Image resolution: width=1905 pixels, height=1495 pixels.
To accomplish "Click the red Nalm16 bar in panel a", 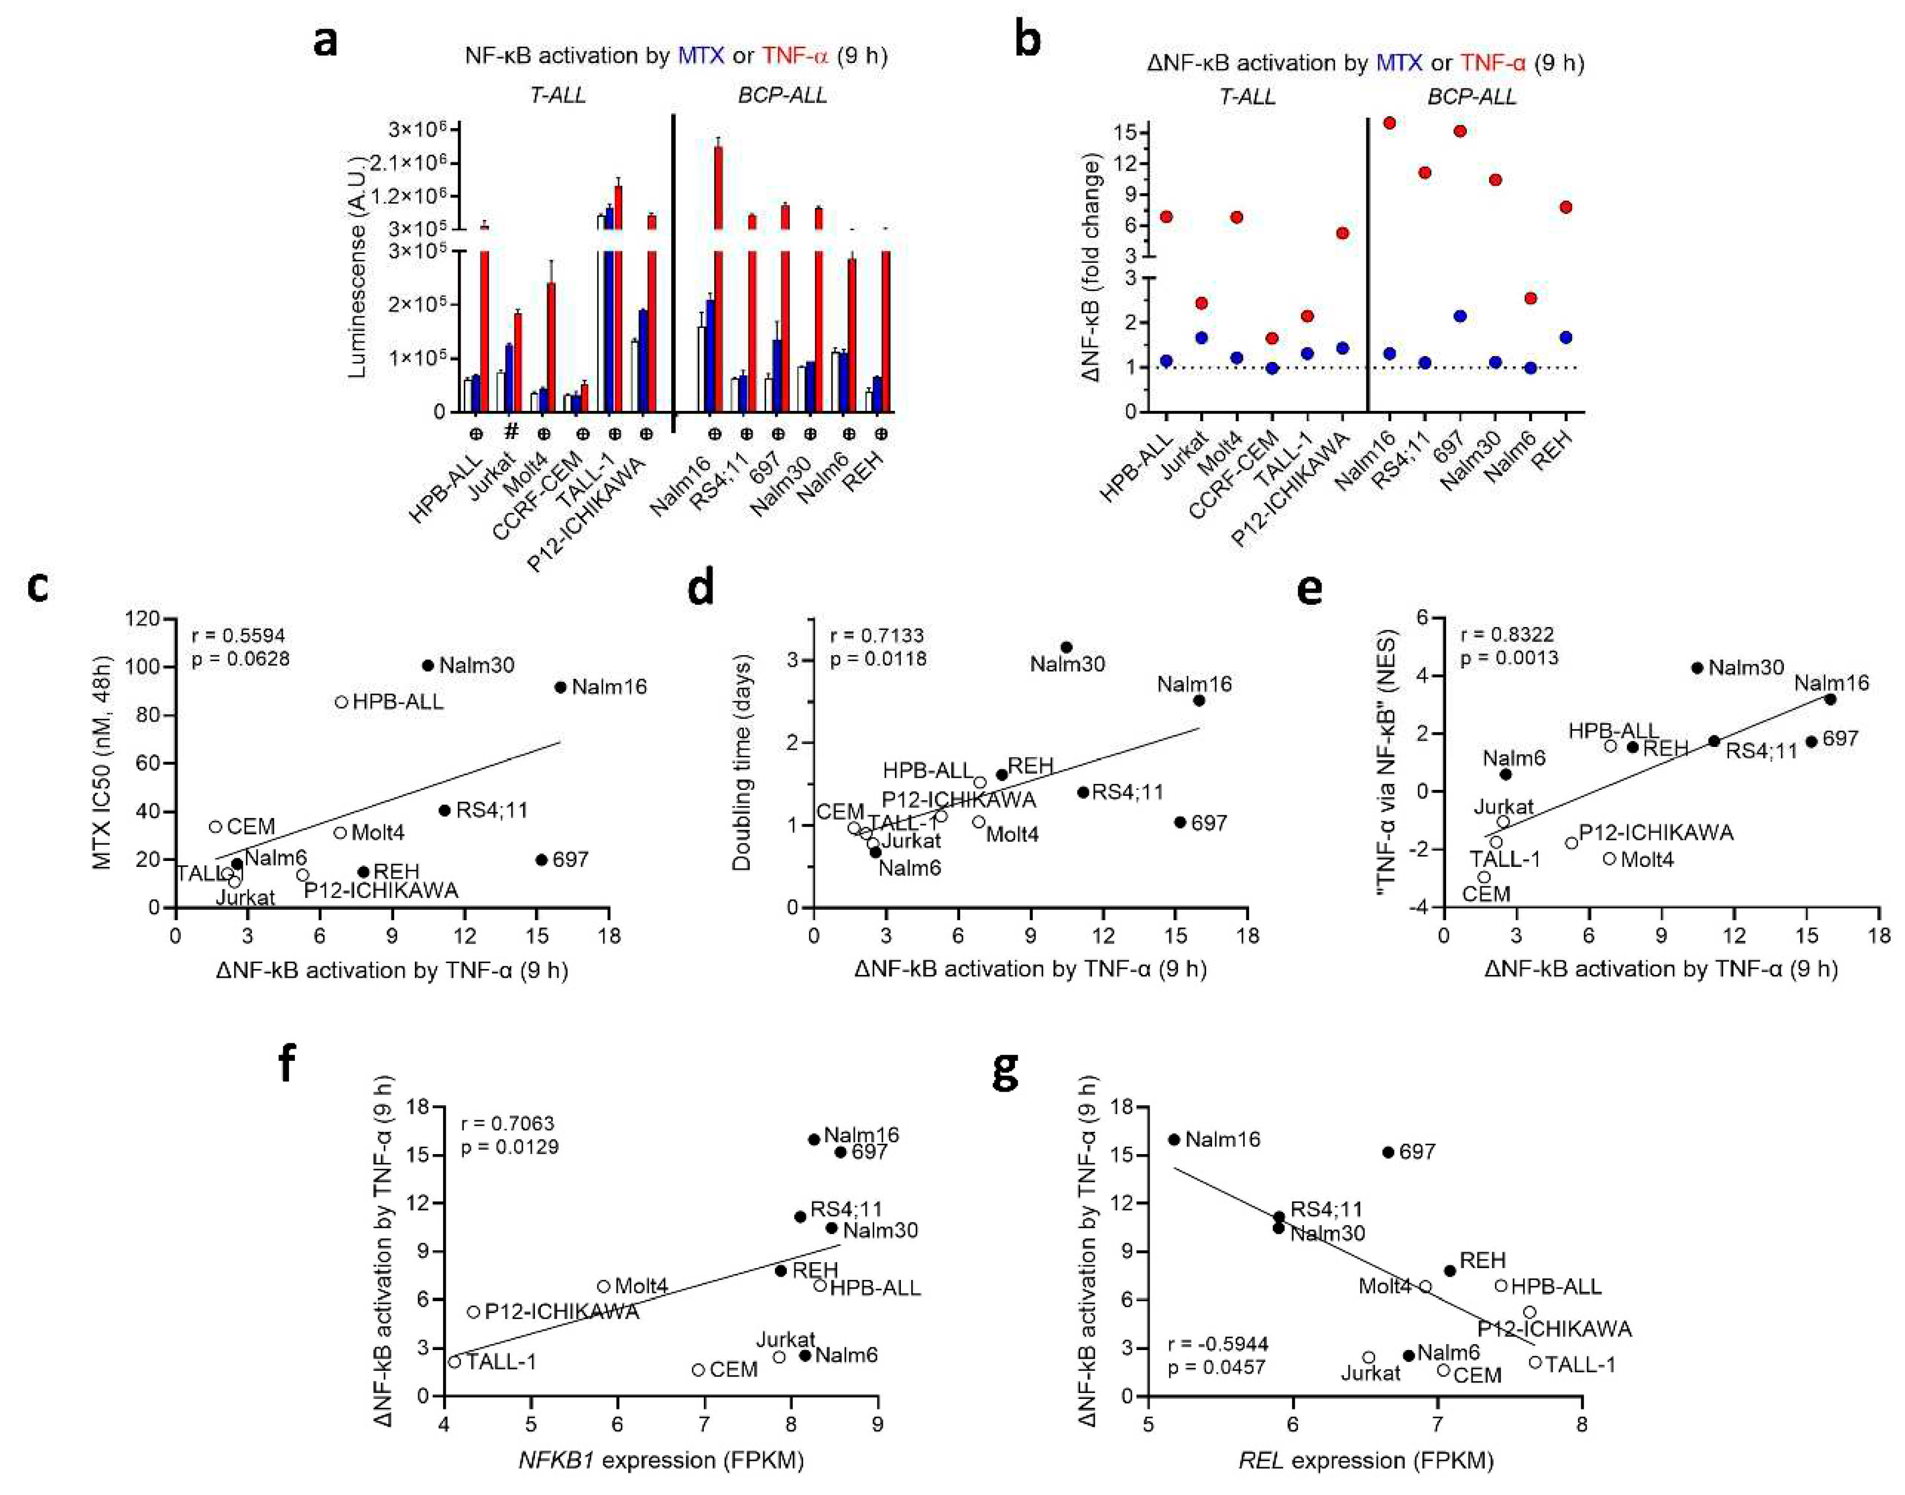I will click(718, 280).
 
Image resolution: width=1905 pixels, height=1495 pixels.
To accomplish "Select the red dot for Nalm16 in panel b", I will click(1389, 123).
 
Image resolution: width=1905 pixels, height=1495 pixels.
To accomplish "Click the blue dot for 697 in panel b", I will click(1459, 316).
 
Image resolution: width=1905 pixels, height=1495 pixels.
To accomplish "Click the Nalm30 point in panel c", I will click(428, 665).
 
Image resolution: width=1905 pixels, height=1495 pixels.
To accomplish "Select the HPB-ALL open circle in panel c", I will click(342, 702).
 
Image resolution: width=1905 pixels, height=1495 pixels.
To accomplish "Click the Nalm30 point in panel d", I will click(1067, 647).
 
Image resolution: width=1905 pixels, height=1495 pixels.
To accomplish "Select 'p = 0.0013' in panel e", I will click(1509, 657).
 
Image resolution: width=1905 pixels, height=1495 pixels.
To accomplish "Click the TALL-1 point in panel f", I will click(455, 1362).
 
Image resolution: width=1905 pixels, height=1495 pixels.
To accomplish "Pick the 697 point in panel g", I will click(1387, 1152).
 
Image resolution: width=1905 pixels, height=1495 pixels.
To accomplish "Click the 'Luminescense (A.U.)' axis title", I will click(356, 267).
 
